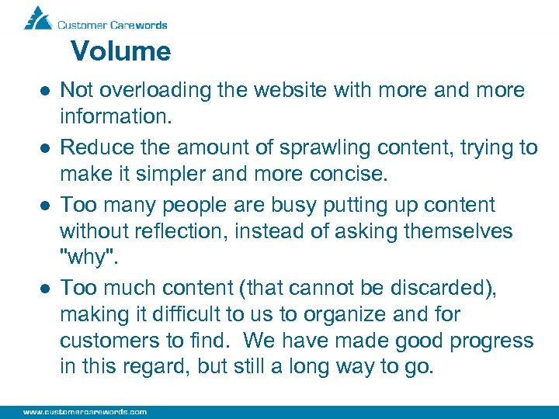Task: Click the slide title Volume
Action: (120, 52)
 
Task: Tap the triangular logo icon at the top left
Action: (37, 18)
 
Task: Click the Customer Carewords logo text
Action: (113, 25)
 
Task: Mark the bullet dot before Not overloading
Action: (45, 92)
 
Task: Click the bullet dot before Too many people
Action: (45, 206)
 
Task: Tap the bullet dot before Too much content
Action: (45, 289)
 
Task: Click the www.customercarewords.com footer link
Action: (85, 412)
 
